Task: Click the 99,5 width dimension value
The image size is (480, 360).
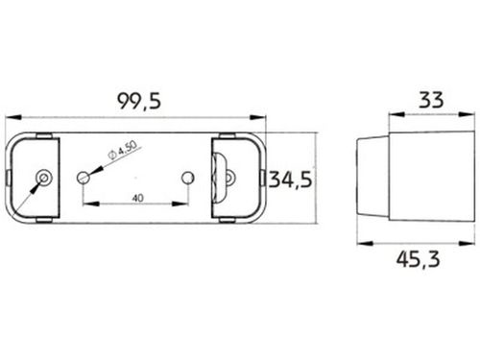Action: point(139,101)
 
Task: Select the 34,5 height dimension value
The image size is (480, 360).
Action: point(290,180)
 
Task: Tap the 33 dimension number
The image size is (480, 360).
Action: point(431,100)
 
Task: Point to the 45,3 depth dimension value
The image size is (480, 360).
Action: point(418,259)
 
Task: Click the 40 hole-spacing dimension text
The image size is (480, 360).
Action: point(138,199)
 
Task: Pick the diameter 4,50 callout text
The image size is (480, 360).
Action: point(122,150)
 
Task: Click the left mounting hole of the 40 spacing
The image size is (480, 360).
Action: point(84,177)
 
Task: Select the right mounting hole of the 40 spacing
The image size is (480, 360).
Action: point(188,178)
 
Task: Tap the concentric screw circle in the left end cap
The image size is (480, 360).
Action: point(44,177)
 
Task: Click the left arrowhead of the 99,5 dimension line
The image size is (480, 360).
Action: point(13,118)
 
